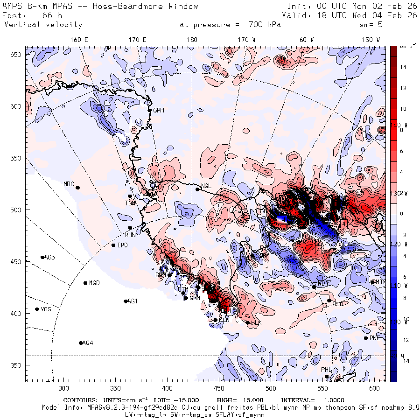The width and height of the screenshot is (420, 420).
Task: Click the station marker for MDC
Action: point(77,188)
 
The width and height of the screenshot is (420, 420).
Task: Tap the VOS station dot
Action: point(37,309)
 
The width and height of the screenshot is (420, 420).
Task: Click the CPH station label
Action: point(159,110)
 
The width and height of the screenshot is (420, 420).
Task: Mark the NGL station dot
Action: point(197,189)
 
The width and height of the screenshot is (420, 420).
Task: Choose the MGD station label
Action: point(94,283)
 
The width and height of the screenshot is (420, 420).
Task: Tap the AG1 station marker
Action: point(126,301)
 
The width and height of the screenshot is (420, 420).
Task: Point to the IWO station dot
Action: point(113,245)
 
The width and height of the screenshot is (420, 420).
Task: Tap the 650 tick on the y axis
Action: point(18,55)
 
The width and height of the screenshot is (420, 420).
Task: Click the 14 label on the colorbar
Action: point(403,67)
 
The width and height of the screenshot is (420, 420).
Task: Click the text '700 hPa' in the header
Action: point(261,25)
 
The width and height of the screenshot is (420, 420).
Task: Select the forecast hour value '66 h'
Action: point(52,15)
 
